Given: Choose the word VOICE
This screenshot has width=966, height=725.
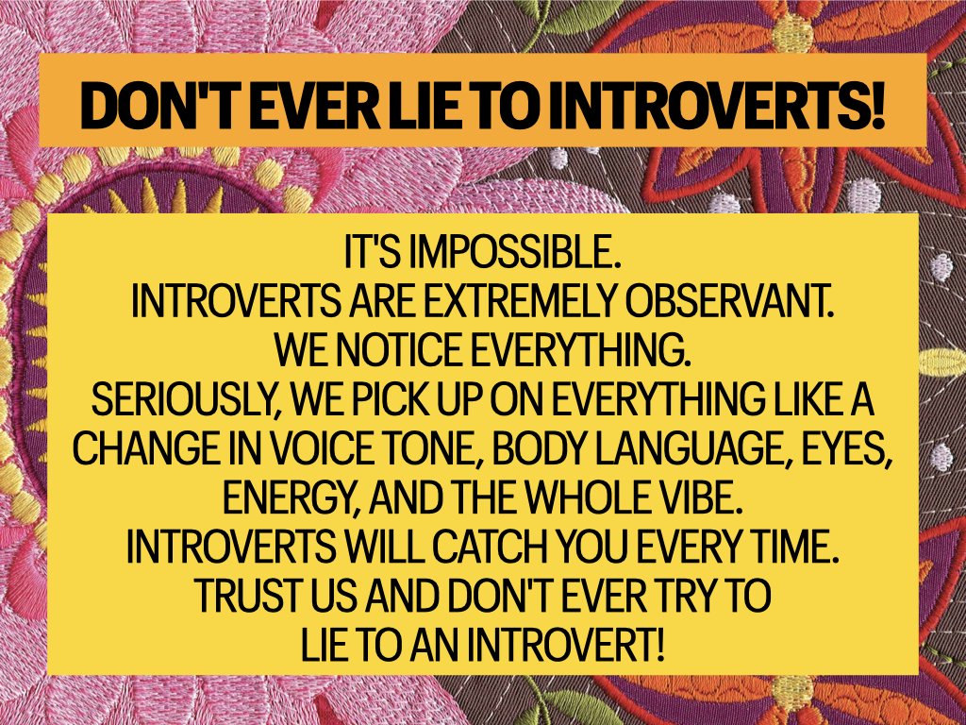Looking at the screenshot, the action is point(323,448).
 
